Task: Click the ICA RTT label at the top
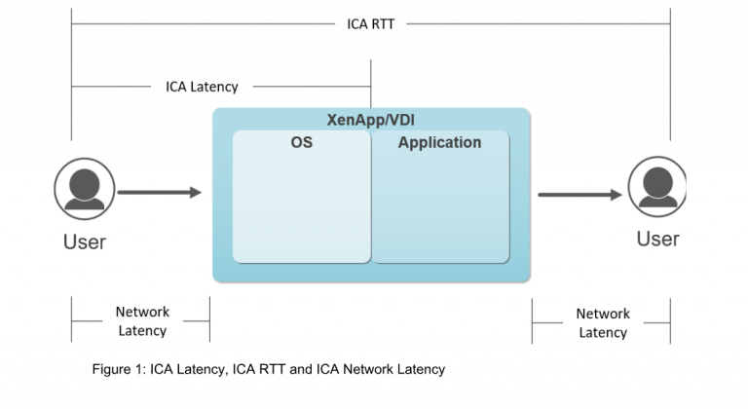click(x=370, y=23)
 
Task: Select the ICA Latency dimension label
click(x=202, y=87)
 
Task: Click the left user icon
click(x=85, y=186)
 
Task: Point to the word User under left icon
click(x=85, y=242)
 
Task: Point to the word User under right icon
click(x=657, y=239)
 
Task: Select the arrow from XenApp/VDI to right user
click(x=580, y=195)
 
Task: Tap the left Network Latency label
click(x=142, y=321)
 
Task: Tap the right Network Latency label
click(x=603, y=322)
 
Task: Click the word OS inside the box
click(x=301, y=143)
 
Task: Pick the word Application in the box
click(x=440, y=143)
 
